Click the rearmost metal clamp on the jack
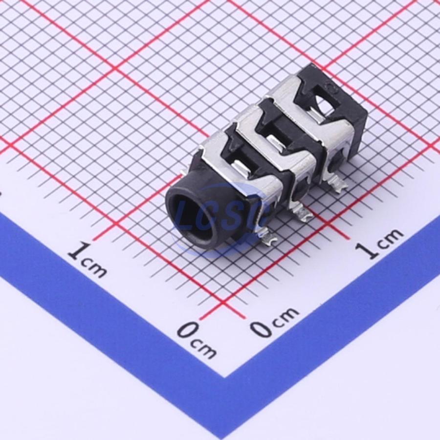(311, 112)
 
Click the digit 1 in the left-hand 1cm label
(79, 250)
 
